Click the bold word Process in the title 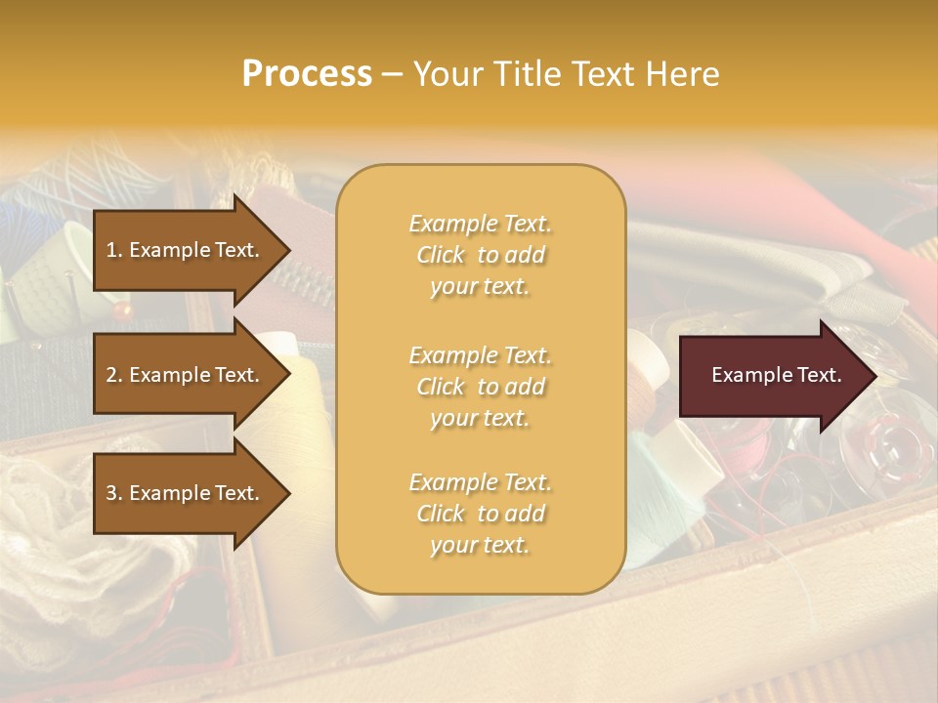coord(307,74)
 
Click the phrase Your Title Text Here coord(566,74)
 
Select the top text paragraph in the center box coord(480,255)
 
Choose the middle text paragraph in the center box coord(480,387)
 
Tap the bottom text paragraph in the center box coord(480,514)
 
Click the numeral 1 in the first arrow coord(110,250)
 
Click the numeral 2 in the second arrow coord(110,375)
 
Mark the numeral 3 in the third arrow coord(110,493)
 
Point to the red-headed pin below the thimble coord(122,310)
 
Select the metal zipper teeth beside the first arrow coord(311,283)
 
